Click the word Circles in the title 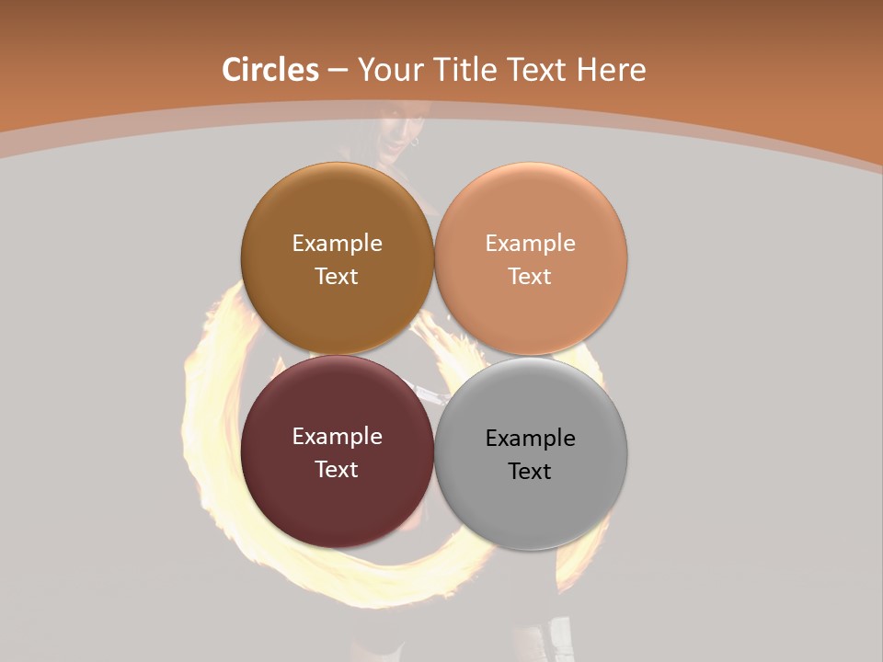coord(269,70)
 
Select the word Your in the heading coord(390,70)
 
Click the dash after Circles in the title coord(337,70)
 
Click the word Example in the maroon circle coord(337,437)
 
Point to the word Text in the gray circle coord(530,471)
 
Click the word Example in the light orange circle coord(530,243)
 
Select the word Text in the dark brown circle coord(337,277)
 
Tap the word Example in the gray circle coord(530,438)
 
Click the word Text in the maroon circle coord(337,469)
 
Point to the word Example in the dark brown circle coord(337,243)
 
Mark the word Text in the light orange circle coord(530,277)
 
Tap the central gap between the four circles coord(434,355)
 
